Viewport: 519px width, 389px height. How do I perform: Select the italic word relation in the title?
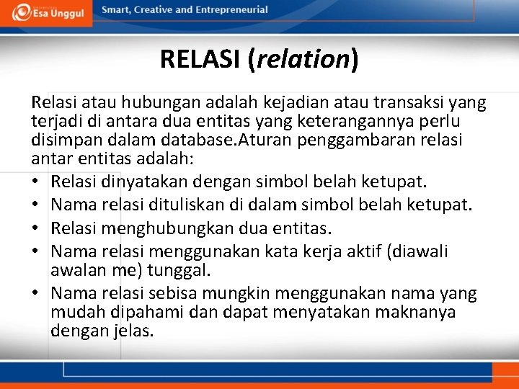pos(303,58)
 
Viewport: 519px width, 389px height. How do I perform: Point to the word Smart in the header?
pos(117,10)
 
